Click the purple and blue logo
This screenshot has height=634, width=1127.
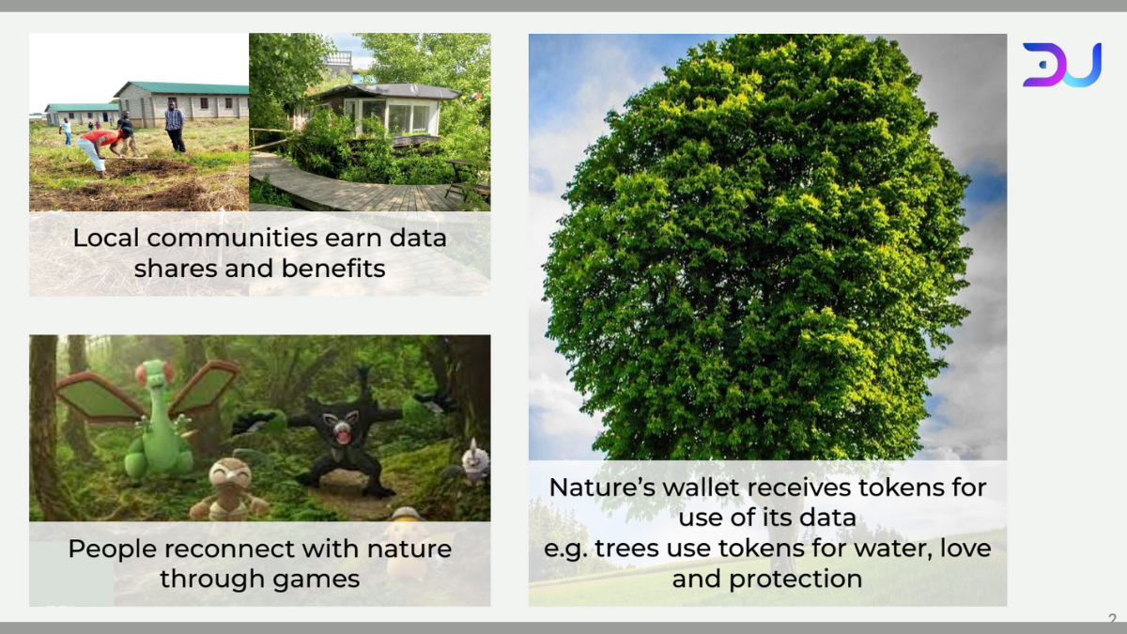tap(1061, 65)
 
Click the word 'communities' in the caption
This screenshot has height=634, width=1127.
tap(232, 238)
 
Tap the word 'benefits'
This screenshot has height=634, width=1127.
tap(333, 269)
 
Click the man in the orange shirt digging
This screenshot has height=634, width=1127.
tap(102, 151)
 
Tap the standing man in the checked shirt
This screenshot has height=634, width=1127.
tap(175, 126)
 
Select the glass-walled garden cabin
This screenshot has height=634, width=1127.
tap(384, 111)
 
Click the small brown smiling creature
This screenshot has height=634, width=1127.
tap(229, 490)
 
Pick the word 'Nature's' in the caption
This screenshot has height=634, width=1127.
tap(602, 487)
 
